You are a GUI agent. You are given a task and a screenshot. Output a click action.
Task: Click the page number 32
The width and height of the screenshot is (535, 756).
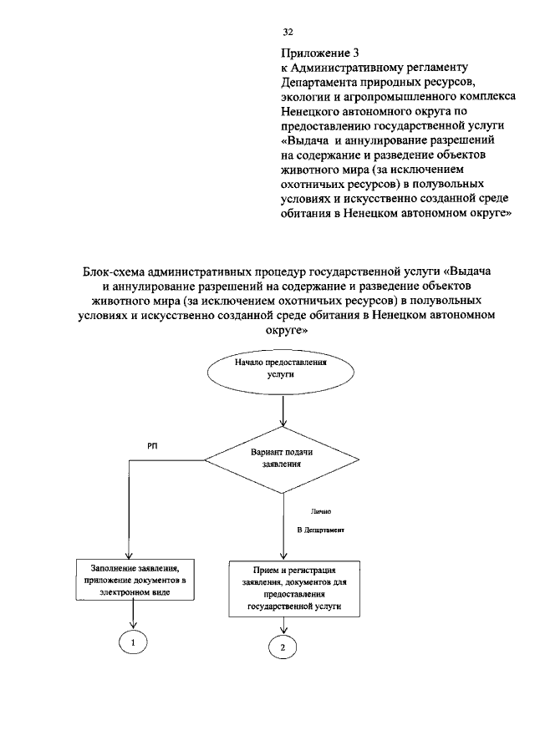(288, 32)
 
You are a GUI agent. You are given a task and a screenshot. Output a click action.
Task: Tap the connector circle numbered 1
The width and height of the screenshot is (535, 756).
(132, 642)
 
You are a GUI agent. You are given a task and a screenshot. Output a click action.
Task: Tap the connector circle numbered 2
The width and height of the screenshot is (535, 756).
(283, 647)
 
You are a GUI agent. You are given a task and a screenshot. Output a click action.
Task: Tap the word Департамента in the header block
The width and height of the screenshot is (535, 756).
(318, 82)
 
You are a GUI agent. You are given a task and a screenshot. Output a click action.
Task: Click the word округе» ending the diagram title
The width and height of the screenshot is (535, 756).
(287, 329)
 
